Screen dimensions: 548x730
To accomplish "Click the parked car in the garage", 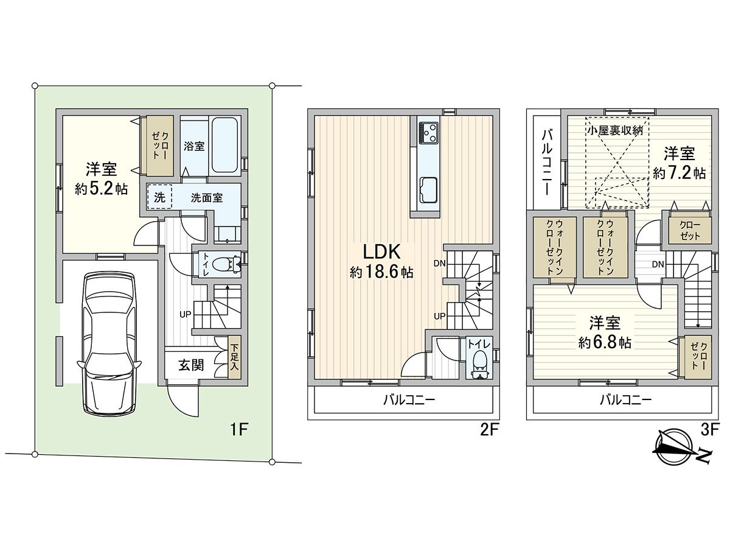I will (109, 344).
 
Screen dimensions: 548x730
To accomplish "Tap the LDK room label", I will (381, 251).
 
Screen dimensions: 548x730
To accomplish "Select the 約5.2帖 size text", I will (102, 189).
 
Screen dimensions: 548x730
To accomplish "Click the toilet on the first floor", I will (226, 264).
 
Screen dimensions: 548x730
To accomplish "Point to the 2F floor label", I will (489, 430).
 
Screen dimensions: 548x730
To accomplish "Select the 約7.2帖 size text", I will (680, 173).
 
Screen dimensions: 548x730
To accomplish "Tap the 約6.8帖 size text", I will (604, 343).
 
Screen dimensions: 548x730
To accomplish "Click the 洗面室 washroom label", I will (206, 197).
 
